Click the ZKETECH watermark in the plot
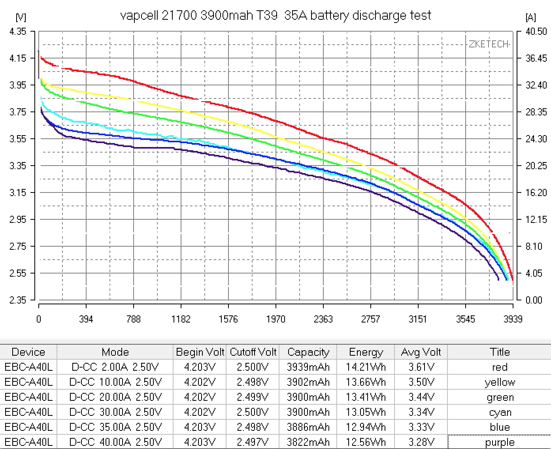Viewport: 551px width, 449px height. point(489,44)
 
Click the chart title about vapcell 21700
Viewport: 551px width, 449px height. point(275,16)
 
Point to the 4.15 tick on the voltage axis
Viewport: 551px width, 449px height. point(18,58)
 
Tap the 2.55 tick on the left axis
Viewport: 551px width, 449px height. point(18,273)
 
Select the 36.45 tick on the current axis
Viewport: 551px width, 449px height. point(536,58)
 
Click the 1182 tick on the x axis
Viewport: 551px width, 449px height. point(181,319)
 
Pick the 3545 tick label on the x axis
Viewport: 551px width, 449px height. point(465,319)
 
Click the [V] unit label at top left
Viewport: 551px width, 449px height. point(21,17)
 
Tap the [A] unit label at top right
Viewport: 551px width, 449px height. point(530,17)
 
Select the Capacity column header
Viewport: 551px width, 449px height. point(308,352)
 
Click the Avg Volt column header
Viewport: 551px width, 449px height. point(421,352)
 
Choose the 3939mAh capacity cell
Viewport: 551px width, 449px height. point(308,367)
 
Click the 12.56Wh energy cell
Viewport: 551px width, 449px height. point(366,442)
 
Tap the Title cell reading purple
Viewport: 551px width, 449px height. point(500,442)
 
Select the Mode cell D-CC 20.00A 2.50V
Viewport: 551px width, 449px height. point(115,397)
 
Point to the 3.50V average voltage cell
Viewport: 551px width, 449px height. point(421,382)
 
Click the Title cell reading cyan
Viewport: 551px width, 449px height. point(500,412)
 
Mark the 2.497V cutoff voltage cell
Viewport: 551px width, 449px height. point(253,442)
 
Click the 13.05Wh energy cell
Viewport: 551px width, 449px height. point(366,412)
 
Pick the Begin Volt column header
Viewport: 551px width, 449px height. point(200,352)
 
